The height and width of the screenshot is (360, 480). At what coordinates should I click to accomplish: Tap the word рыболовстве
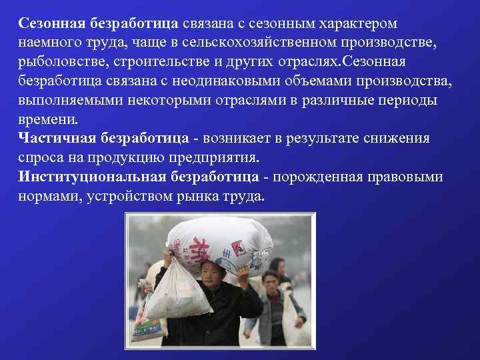56,62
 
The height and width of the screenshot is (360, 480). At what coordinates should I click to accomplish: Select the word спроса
38,159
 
